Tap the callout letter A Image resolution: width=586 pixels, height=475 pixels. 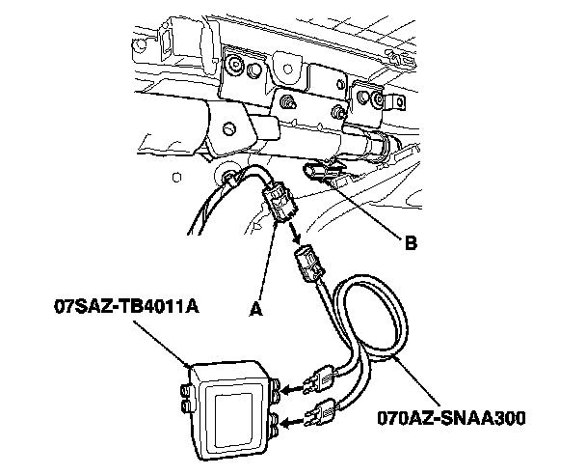(x=254, y=310)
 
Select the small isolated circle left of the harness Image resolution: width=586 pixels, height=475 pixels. (x=174, y=176)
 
